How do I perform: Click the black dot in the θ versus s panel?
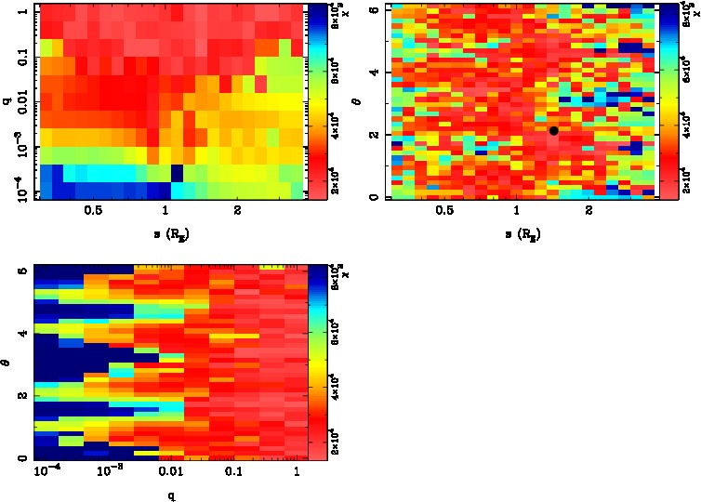[x=554, y=131]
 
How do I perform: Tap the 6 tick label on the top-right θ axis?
[x=373, y=9]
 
